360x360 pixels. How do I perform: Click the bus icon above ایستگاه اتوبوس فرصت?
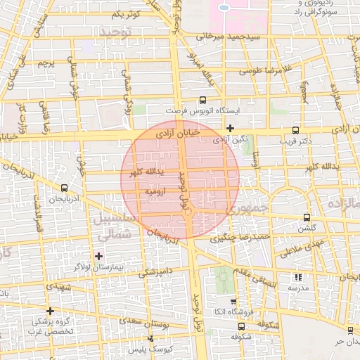coord(203,100)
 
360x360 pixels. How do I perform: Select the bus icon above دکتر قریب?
coord(295,130)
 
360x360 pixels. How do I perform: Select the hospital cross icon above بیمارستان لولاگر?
coord(98,255)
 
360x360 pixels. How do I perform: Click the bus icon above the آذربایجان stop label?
coord(65,188)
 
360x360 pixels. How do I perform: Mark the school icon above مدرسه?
coord(297,278)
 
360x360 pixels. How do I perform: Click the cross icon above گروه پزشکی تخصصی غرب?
coord(50,310)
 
